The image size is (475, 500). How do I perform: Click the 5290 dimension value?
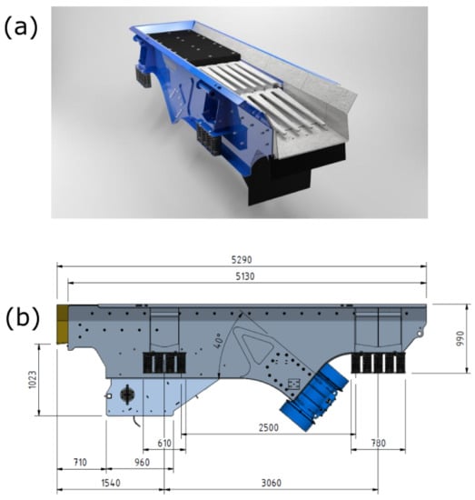(242, 260)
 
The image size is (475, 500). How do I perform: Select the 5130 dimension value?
(245, 276)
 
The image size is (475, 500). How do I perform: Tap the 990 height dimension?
(460, 338)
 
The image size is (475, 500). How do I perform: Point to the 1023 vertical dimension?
(33, 379)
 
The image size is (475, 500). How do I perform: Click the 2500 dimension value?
(268, 427)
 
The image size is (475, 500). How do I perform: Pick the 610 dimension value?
(164, 443)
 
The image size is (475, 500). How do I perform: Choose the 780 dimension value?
(378, 443)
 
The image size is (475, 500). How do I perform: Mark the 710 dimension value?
(80, 462)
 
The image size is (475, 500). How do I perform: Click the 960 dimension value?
(142, 462)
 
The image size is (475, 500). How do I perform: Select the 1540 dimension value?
(111, 483)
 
